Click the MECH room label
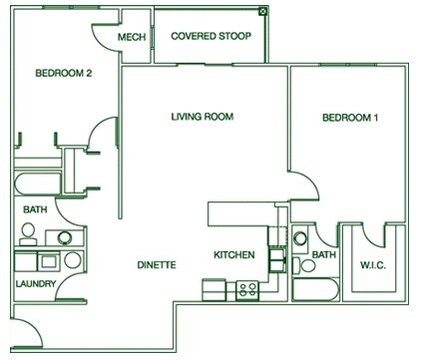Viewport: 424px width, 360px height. point(132,37)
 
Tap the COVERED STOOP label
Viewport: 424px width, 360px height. point(209,37)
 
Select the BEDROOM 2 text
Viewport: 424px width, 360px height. point(64,73)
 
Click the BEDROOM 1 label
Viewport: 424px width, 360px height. point(351,119)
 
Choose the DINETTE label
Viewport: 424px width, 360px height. point(157,264)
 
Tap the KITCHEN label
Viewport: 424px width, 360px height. point(234,255)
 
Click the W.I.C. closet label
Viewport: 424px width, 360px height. point(373,265)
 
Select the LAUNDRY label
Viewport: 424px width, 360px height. point(35,284)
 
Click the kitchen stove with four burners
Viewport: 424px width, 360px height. point(246,290)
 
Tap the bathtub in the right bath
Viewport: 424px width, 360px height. point(314,290)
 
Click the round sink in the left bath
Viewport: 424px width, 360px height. point(64,238)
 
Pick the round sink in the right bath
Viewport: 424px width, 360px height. point(300,237)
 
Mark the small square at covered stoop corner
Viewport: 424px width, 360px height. point(262,11)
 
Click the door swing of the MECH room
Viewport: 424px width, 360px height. point(105,38)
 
